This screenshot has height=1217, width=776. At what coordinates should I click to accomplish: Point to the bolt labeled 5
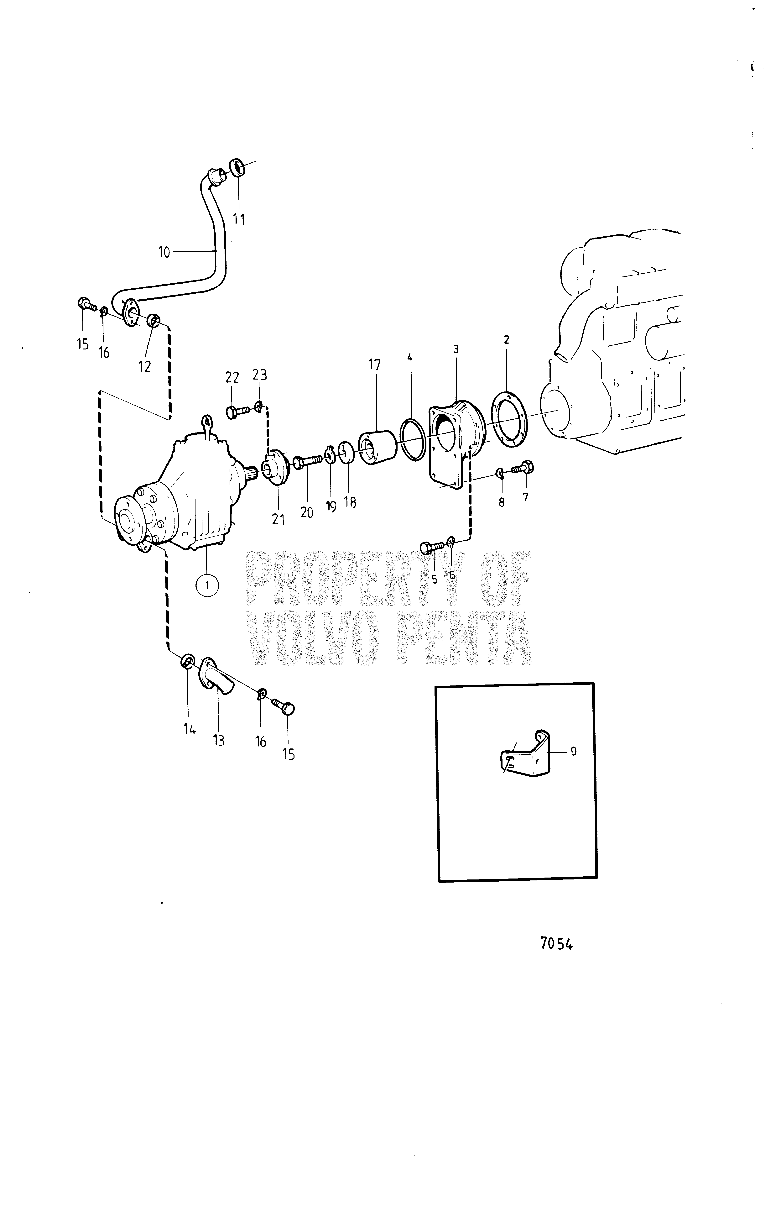click(432, 547)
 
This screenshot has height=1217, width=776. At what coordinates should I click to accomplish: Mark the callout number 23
click(260, 375)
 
